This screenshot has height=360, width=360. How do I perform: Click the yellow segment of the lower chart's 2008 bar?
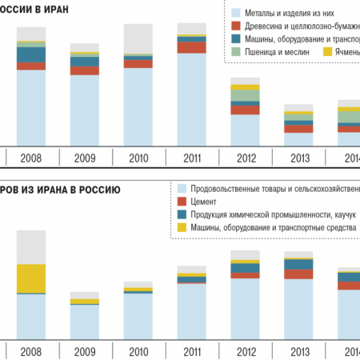pyautogui.click(x=30, y=279)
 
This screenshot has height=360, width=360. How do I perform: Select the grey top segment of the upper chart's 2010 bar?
pyautogui.click(x=138, y=39)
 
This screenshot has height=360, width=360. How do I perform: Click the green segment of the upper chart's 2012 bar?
pyautogui.click(x=244, y=96)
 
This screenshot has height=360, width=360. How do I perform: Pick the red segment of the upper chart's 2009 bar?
pyautogui.click(x=84, y=71)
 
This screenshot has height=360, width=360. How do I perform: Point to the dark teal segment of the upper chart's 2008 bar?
pyautogui.click(x=30, y=54)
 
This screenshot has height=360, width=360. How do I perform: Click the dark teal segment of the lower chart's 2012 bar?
pyautogui.click(x=244, y=269)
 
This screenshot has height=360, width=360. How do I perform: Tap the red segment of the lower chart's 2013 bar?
pyautogui.click(x=298, y=274)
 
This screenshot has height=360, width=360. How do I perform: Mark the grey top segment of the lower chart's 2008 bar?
pyautogui.click(x=30, y=247)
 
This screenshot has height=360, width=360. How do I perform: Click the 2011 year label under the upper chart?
pyautogui.click(x=190, y=158)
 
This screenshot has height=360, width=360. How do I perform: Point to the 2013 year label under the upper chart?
pyautogui.click(x=298, y=158)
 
